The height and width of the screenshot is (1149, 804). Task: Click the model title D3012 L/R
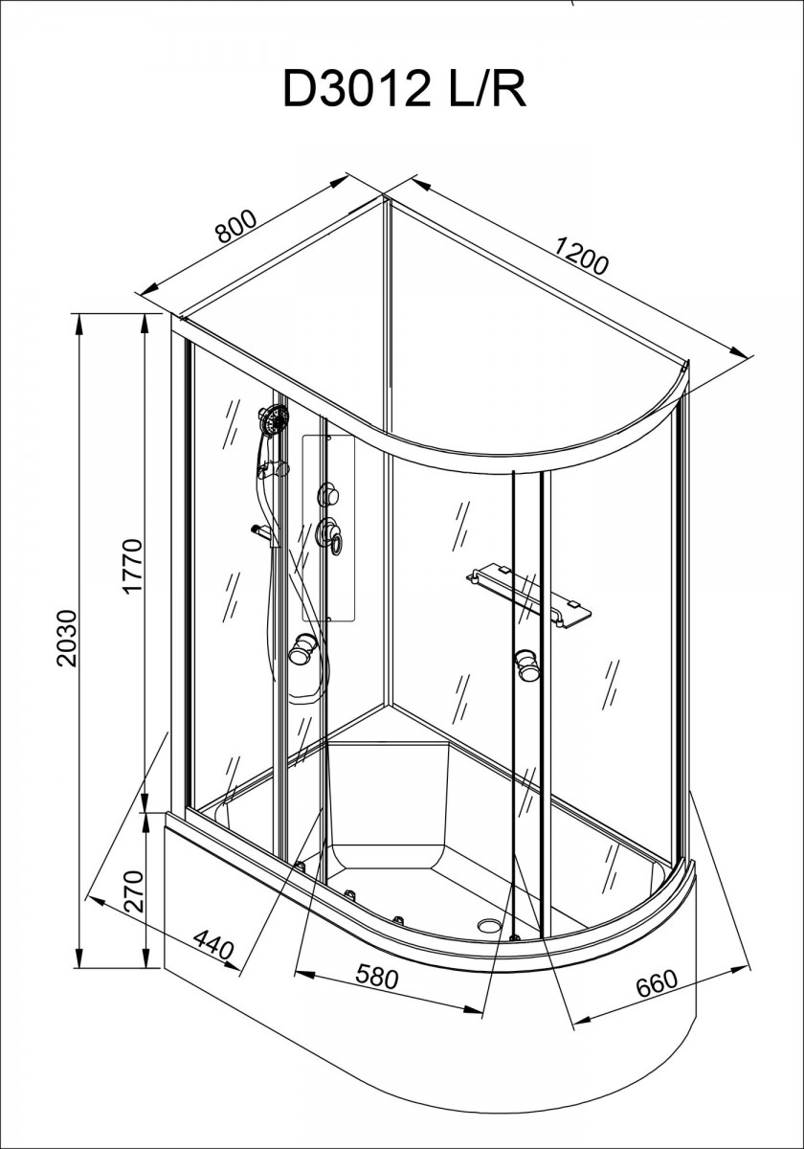click(x=405, y=91)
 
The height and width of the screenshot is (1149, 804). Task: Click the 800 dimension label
click(x=235, y=226)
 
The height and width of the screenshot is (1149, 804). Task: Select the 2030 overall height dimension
click(x=67, y=638)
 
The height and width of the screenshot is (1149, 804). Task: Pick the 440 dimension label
click(x=213, y=945)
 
